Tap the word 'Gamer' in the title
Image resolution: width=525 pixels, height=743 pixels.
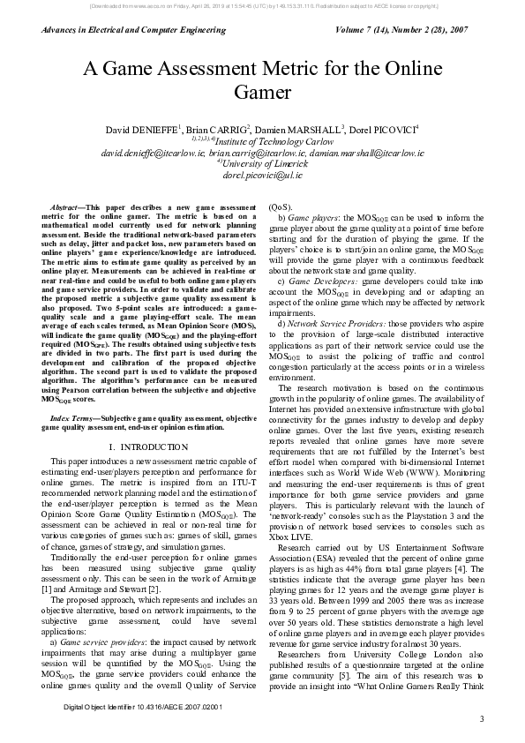262,91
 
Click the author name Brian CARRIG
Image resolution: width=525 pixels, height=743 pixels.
217,130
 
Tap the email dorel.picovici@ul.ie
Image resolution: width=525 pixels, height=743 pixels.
262,175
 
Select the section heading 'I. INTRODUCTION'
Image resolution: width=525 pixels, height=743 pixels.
148,447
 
